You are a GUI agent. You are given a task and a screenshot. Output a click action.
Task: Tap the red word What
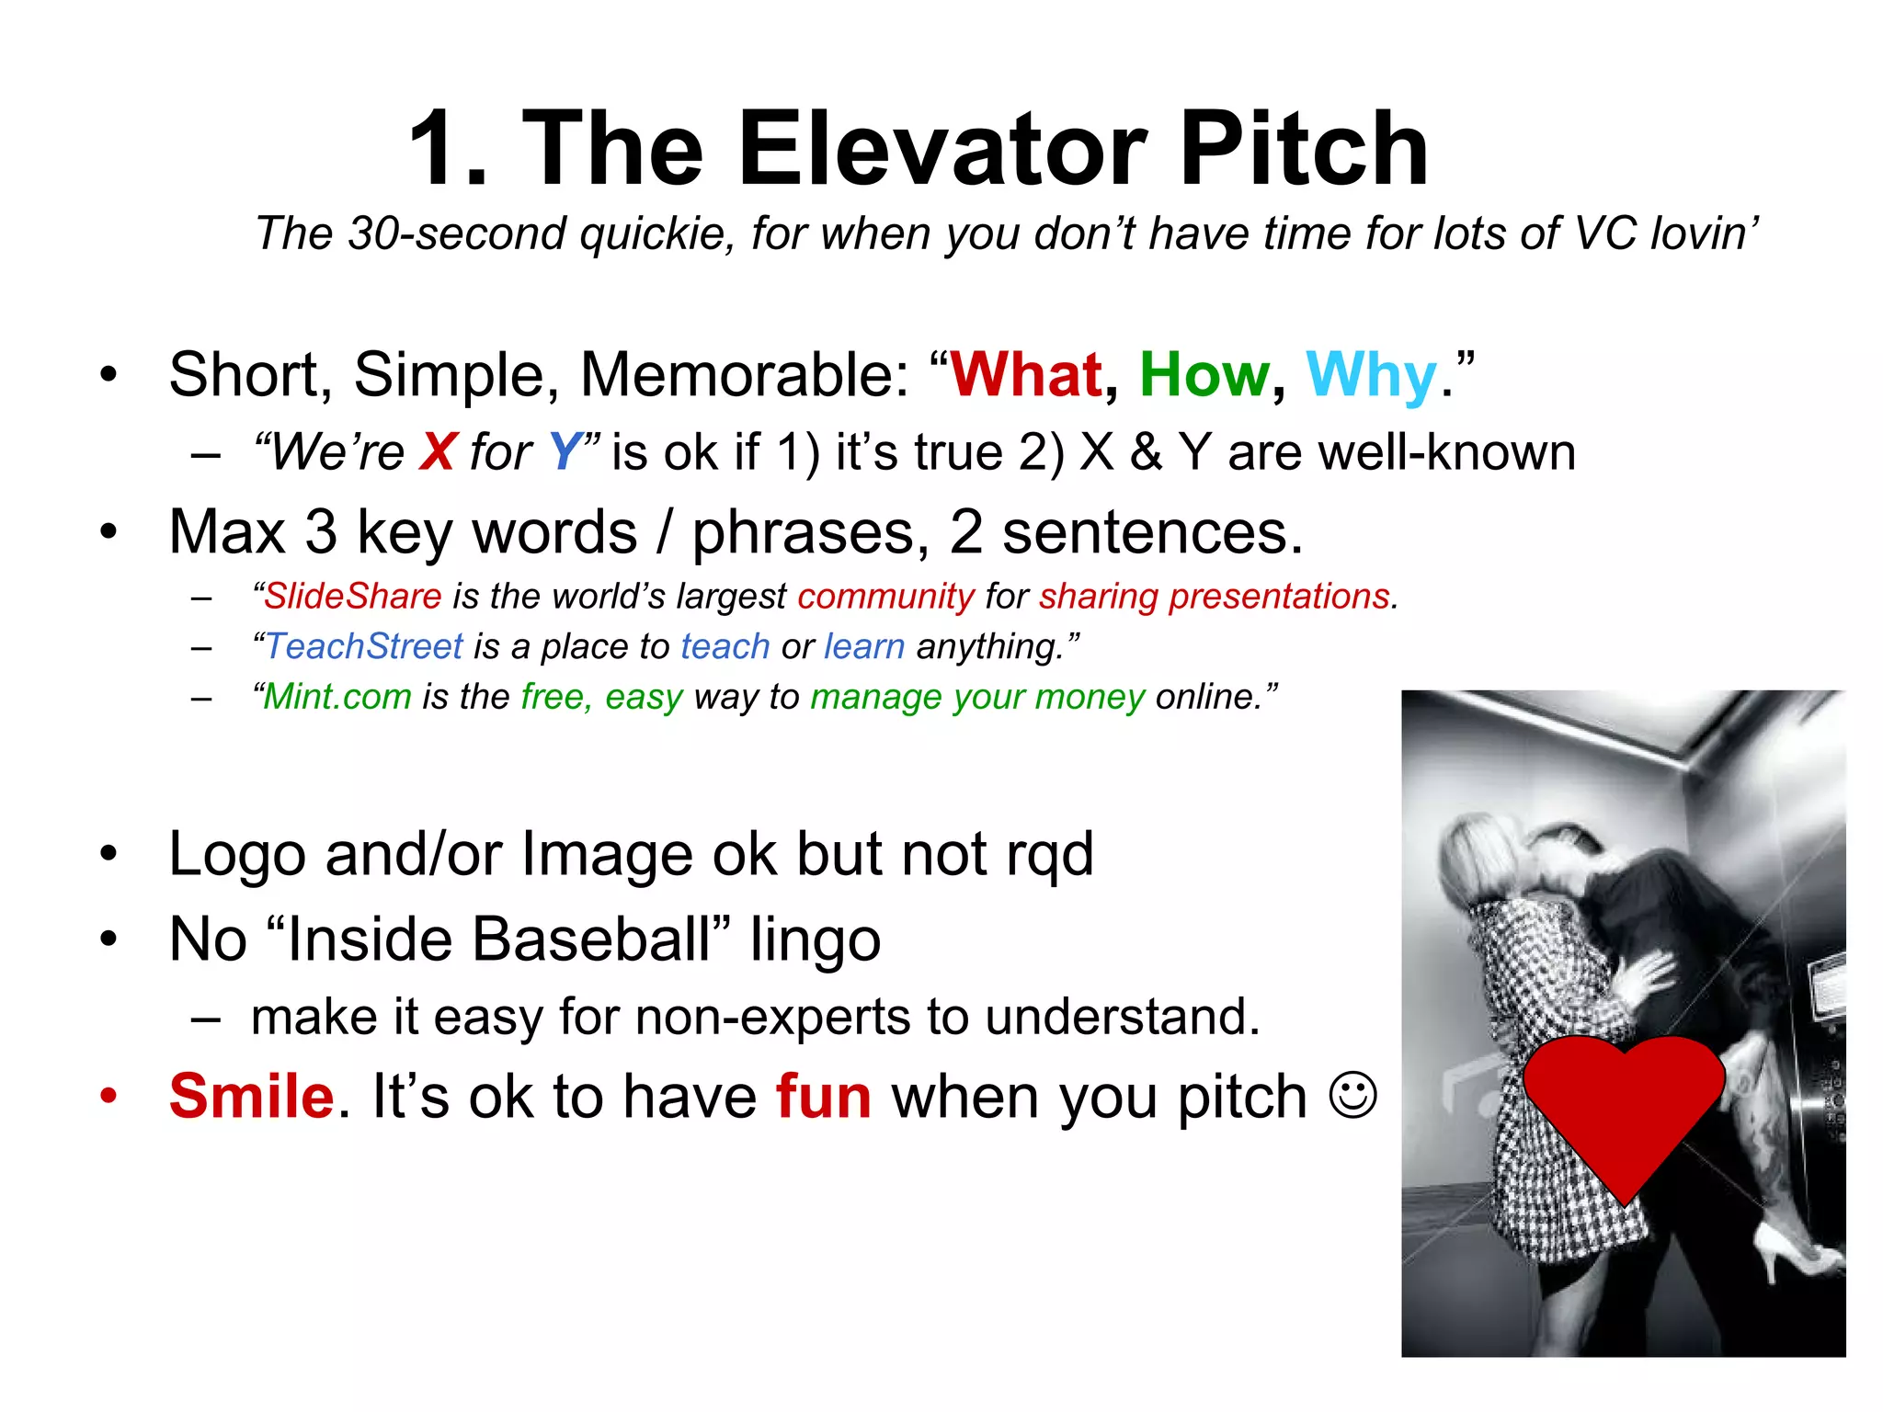pyautogui.click(x=1025, y=375)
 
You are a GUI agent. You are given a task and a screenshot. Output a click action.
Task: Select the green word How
pyautogui.click(x=1204, y=375)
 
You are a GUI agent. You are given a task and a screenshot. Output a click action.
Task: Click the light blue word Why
pyautogui.click(x=1371, y=375)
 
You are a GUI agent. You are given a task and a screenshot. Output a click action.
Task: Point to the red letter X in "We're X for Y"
pyautogui.click(x=438, y=452)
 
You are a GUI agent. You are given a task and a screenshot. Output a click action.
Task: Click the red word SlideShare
pyautogui.click(x=353, y=597)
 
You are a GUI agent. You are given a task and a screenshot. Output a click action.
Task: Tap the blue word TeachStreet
pyautogui.click(x=364, y=646)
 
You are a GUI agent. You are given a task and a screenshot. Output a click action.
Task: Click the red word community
pyautogui.click(x=885, y=597)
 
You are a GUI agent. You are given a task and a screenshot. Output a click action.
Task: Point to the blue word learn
pyautogui.click(x=864, y=646)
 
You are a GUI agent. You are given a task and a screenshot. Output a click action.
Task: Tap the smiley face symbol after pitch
pyautogui.click(x=1353, y=1096)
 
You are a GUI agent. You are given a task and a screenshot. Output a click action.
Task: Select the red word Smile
pyautogui.click(x=251, y=1097)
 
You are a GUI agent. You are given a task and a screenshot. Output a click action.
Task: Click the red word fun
pyautogui.click(x=824, y=1097)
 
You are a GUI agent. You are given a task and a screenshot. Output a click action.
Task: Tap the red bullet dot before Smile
pyautogui.click(x=109, y=1096)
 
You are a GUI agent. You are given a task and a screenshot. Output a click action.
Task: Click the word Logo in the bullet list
pyautogui.click(x=237, y=855)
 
